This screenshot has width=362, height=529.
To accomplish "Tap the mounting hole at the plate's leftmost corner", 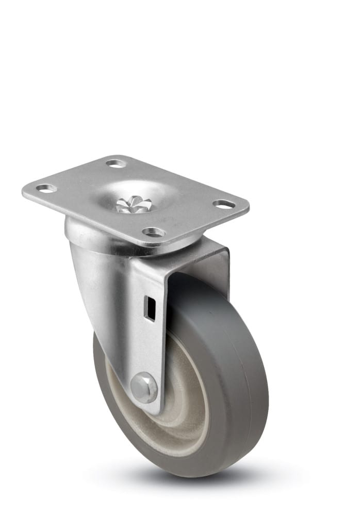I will coord(46,188).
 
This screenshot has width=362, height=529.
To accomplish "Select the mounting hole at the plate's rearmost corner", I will coord(117,163).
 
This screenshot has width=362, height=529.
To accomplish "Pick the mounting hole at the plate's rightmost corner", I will coord(224,205).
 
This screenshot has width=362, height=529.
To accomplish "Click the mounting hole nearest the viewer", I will coord(154,232).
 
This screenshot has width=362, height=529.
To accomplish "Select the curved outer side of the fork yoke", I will coord(98,289).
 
